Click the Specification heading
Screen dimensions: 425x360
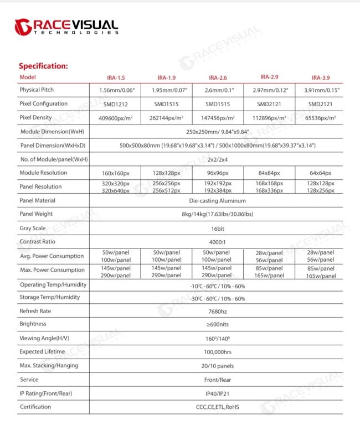tap(43, 66)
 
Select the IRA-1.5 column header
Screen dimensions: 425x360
tap(116, 78)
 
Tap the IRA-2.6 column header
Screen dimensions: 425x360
tap(218, 78)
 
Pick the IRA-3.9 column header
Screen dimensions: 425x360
tap(321, 78)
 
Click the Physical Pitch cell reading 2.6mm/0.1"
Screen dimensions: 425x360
tap(218, 90)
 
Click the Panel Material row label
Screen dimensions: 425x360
tap(37, 200)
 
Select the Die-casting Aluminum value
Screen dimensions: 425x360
tap(217, 201)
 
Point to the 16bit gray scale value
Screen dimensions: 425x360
tap(217, 228)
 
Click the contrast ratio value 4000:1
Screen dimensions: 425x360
tap(217, 242)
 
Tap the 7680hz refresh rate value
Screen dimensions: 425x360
tap(217, 312)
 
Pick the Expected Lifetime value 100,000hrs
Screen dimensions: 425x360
tap(217, 352)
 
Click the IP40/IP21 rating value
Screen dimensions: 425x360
tap(217, 393)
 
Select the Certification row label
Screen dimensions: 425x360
tap(35, 407)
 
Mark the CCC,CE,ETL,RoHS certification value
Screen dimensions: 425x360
tap(217, 407)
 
